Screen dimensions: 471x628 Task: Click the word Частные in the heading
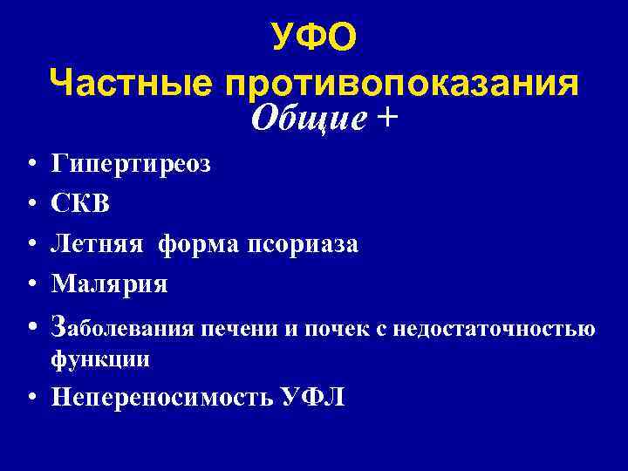(131, 84)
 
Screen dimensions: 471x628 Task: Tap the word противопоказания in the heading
(402, 84)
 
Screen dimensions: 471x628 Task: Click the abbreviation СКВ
(82, 203)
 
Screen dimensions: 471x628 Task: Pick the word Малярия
(110, 283)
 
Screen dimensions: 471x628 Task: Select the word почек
(340, 330)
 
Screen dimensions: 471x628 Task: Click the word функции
(100, 358)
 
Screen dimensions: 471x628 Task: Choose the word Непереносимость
(161, 398)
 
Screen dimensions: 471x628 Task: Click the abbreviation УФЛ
(312, 398)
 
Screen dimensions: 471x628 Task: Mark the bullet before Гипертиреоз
(31, 164)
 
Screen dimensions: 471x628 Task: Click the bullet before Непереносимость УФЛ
(31, 399)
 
